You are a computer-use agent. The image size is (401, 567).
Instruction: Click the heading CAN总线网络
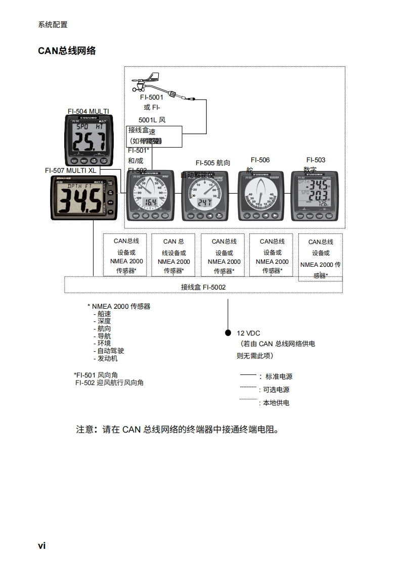pyautogui.click(x=67, y=51)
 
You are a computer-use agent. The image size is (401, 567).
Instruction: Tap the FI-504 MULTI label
pyautogui.click(x=88, y=111)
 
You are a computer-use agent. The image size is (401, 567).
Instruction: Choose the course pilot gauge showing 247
pyautogui.click(x=204, y=196)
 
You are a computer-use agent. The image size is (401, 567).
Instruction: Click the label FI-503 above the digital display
pyautogui.click(x=316, y=160)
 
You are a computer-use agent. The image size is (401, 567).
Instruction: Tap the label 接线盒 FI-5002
pyautogui.click(x=203, y=287)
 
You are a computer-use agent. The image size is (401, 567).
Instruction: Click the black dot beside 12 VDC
pyautogui.click(x=228, y=333)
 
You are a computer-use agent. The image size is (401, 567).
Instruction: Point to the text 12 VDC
pyautogui.click(x=248, y=334)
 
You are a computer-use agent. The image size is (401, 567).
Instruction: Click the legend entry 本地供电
pyautogui.click(x=276, y=403)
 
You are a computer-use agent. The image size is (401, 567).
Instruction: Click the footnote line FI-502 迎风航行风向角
pyautogui.click(x=109, y=383)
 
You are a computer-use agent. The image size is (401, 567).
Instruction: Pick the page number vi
pyautogui.click(x=41, y=545)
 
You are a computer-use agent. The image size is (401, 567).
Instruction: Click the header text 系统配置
pyautogui.click(x=53, y=25)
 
